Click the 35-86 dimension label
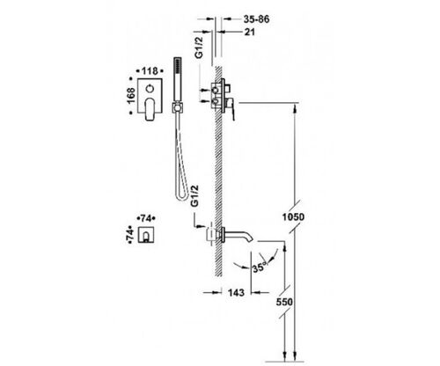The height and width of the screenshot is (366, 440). click(x=256, y=19)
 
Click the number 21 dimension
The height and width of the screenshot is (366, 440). click(x=250, y=32)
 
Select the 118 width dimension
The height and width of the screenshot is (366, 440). click(x=150, y=71)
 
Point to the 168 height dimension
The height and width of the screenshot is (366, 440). click(x=131, y=96)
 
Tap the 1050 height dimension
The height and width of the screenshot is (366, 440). click(x=293, y=217)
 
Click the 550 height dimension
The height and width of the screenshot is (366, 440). click(x=284, y=302)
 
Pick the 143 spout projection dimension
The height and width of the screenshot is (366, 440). click(x=236, y=292)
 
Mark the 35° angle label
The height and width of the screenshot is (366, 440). click(x=259, y=267)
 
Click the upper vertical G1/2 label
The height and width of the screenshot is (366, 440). click(x=199, y=48)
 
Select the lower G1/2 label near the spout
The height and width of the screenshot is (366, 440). click(x=194, y=195)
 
